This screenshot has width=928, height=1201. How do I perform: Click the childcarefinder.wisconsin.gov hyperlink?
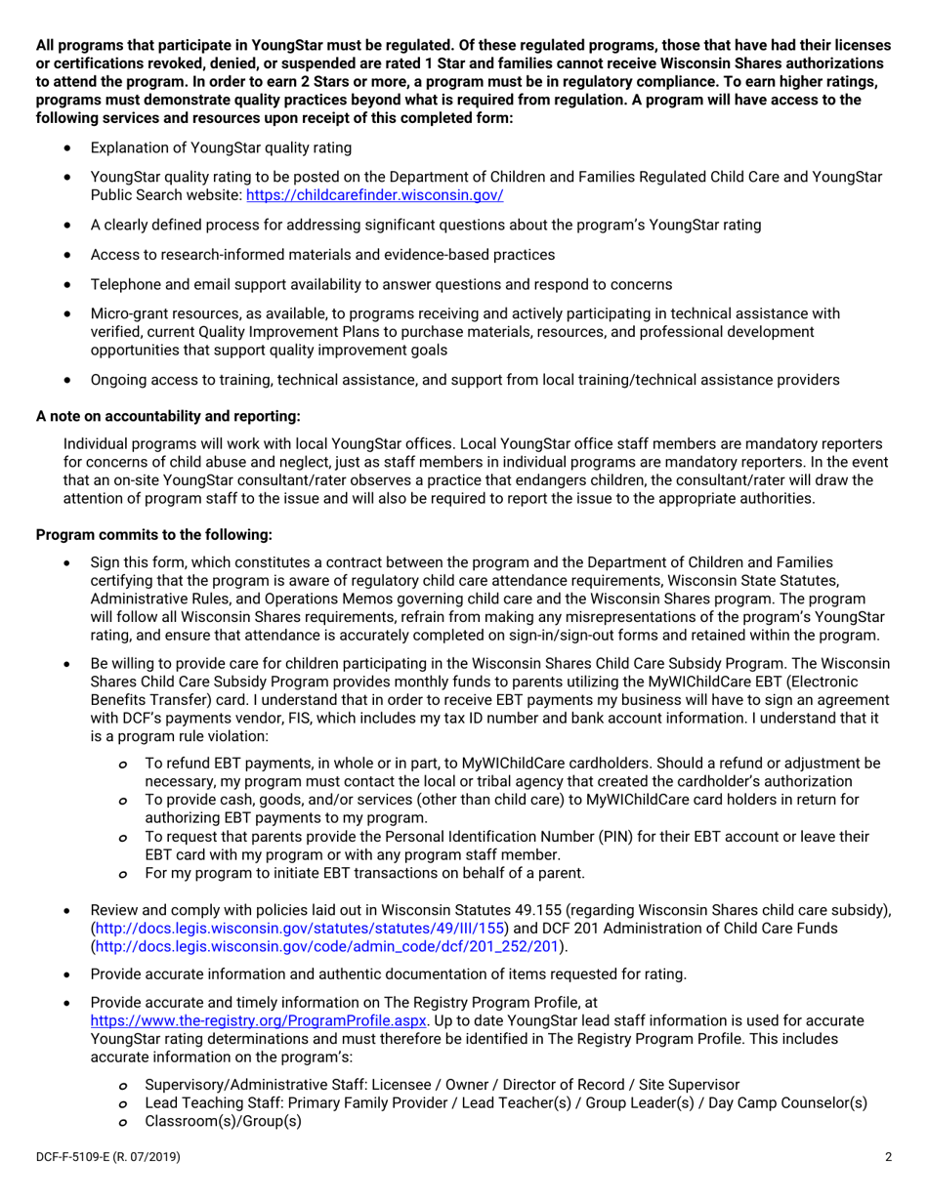(375, 195)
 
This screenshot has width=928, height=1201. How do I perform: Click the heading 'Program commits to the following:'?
(153, 535)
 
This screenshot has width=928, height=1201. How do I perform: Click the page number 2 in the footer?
(888, 1158)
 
